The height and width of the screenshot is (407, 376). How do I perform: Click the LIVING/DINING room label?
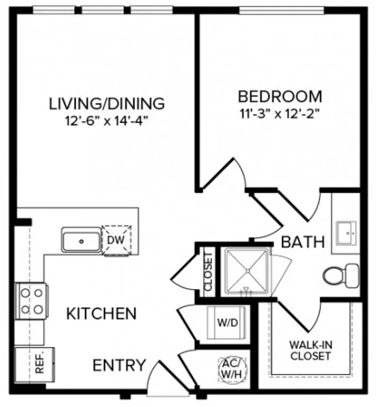[107, 103]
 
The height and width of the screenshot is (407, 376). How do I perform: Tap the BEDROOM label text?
[280, 96]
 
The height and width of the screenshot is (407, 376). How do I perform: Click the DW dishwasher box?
[116, 240]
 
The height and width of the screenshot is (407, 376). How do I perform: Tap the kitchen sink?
[81, 241]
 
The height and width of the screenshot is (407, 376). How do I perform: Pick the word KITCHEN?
[101, 314]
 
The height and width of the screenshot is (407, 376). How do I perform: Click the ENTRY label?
[119, 365]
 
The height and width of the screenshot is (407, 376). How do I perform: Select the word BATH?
[303, 242]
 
